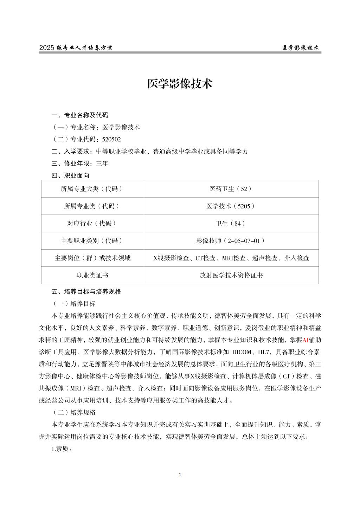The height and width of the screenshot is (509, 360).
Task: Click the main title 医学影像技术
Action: point(180,84)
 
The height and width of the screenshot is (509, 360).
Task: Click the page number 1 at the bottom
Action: point(180,475)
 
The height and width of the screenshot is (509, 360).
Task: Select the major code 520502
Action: point(111,139)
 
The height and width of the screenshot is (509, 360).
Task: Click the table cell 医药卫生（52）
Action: point(231,189)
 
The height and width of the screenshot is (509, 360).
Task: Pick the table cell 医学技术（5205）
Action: point(231,206)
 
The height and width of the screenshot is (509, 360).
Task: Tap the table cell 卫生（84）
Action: point(231,223)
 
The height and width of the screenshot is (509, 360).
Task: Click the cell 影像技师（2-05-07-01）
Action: point(231,240)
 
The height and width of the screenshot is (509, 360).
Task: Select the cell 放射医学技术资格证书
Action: point(231,275)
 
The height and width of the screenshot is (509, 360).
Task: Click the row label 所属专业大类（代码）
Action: point(92,189)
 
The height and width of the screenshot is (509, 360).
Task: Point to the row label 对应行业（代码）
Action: point(92,223)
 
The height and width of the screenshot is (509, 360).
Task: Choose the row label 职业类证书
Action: point(92,275)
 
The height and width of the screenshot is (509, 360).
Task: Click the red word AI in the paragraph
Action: point(306,340)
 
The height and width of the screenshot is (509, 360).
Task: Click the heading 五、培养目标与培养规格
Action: point(86,291)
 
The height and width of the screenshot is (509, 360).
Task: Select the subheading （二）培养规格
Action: point(74,412)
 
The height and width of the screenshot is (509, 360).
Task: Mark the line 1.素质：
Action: point(62,449)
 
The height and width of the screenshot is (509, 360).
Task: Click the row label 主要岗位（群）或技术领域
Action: point(92,258)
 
